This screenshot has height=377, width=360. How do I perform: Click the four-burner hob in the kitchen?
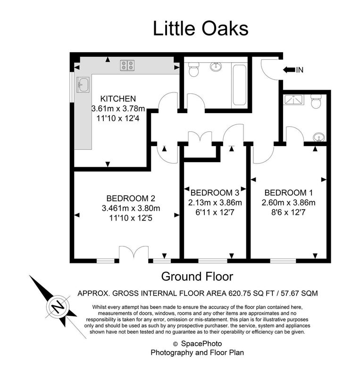coord(127,65)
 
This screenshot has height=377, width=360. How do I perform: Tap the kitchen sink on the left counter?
coord(83,84)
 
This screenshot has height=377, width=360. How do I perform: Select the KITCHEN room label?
coord(118,98)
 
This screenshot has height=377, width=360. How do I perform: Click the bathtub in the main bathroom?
coord(239,84)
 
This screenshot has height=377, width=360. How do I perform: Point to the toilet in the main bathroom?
coord(193,69)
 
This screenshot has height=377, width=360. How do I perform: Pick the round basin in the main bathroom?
coord(216,66)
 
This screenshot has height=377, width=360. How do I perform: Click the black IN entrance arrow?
coord(289,70)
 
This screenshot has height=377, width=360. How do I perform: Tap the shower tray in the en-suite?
coord(294,99)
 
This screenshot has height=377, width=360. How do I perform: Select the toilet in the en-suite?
coord(316,101)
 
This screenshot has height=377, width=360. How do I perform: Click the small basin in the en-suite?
coord(319,138)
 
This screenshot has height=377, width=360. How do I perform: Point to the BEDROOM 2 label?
coord(131,198)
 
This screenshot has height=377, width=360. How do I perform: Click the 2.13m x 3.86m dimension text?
coord(215,203)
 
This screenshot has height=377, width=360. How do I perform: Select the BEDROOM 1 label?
coord(288,193)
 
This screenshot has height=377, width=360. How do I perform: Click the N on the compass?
coord(57,307)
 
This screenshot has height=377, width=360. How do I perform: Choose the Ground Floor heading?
coord(197,277)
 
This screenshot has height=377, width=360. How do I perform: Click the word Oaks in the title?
coord(225,28)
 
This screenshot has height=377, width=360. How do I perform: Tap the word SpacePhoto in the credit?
coord(201,344)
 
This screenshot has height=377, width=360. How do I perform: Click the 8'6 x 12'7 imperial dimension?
coord(288,213)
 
